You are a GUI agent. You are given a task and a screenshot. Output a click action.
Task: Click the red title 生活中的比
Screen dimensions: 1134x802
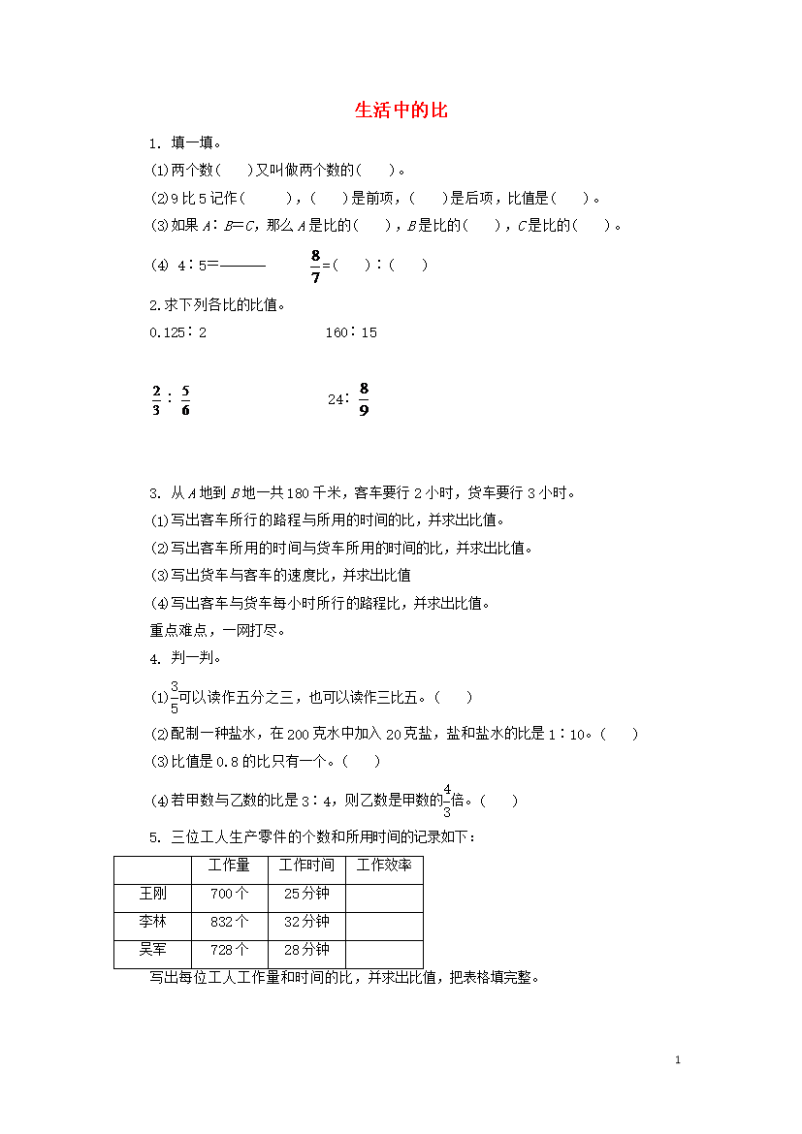click(401, 110)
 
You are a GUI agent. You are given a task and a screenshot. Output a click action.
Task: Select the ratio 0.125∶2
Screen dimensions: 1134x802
click(178, 332)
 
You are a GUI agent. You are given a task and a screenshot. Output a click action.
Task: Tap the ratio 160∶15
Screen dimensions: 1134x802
click(351, 332)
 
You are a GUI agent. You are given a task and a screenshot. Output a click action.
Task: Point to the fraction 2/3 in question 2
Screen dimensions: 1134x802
click(156, 399)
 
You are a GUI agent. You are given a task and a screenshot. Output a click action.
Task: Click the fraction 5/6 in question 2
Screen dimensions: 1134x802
click(185, 399)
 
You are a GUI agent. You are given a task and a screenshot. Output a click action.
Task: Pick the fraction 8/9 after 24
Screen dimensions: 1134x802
click(364, 398)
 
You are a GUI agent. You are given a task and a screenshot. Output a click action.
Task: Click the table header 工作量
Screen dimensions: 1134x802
click(229, 866)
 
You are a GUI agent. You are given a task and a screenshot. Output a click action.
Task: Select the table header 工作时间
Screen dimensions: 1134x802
click(306, 866)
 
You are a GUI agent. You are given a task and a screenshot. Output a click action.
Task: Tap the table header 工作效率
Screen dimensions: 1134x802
click(384, 866)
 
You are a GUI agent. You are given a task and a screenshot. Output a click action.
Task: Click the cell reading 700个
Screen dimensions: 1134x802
click(229, 894)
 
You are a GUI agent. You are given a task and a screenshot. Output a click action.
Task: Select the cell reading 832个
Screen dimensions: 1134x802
click(229, 922)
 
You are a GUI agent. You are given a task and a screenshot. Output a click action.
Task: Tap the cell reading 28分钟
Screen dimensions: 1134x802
click(306, 950)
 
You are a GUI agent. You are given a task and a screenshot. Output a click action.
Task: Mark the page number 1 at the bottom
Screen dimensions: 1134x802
click(678, 1060)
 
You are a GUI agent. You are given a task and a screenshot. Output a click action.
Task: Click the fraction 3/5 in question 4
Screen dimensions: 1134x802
click(175, 697)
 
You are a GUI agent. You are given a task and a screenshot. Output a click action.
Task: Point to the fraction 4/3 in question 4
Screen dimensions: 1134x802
click(447, 800)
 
